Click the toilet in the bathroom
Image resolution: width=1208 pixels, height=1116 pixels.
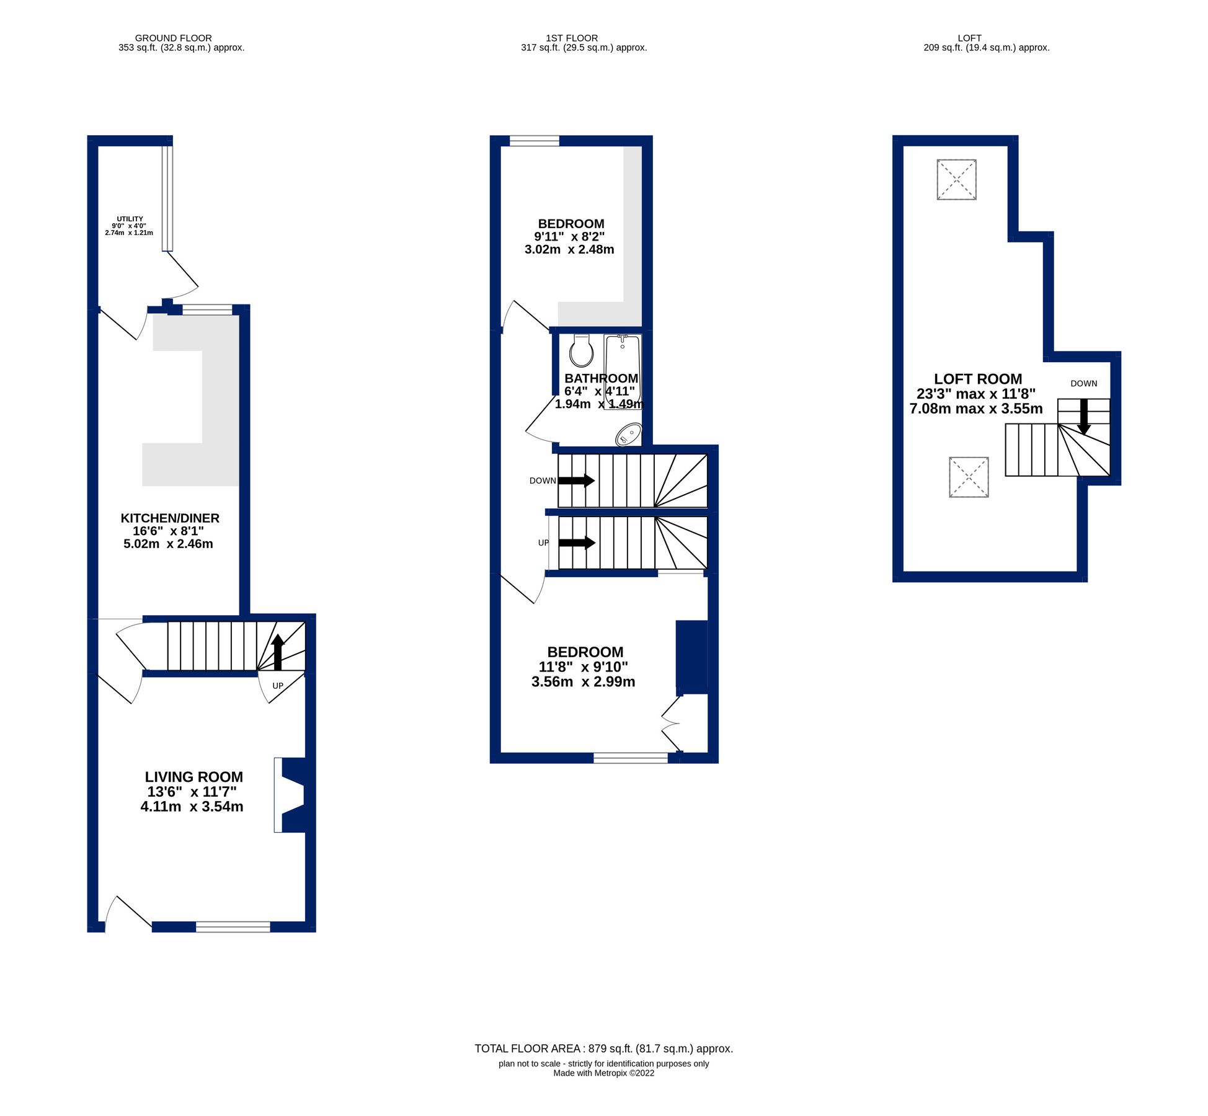tap(581, 352)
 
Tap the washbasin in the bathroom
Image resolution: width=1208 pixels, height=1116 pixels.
tap(629, 434)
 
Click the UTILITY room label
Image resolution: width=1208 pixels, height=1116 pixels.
tap(130, 219)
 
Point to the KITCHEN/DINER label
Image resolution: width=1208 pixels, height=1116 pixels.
tap(169, 518)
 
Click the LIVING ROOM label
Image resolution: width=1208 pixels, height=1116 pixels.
tap(193, 777)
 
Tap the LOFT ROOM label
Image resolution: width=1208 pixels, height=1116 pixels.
tap(978, 379)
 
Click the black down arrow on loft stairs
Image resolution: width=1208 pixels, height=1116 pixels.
tap(1083, 417)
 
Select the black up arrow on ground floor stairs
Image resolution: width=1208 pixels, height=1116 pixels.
tap(278, 652)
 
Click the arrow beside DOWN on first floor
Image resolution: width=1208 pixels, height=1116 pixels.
tap(577, 480)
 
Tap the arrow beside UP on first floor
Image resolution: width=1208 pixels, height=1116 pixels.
tap(577, 543)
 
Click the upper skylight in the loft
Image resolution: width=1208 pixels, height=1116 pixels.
tap(956, 180)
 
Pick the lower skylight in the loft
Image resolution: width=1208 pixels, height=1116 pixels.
tap(968, 477)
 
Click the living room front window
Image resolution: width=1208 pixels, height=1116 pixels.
tap(233, 927)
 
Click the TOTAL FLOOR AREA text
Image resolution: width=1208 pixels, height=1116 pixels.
tap(603, 1048)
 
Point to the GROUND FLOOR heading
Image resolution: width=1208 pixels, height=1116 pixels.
tap(173, 38)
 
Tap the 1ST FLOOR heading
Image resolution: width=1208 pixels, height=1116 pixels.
tap(572, 38)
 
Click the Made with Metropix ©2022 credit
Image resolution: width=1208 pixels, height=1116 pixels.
tap(603, 1073)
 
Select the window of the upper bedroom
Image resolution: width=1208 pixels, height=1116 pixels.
tap(534, 141)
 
